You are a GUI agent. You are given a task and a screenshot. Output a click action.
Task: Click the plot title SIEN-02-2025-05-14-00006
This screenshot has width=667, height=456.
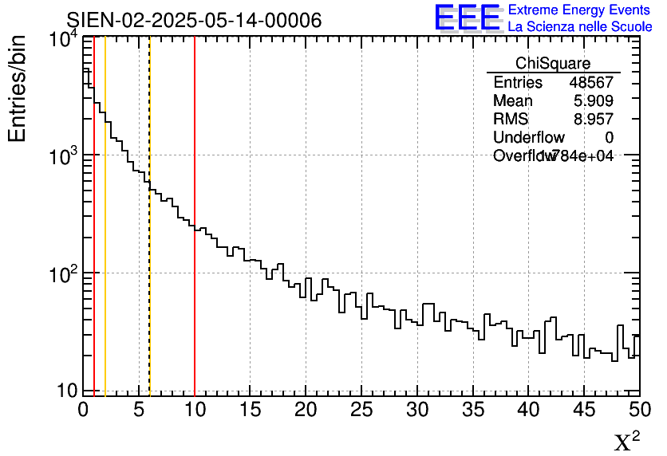point(194,20)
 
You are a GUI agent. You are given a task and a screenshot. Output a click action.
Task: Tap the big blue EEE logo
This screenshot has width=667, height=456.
point(467,18)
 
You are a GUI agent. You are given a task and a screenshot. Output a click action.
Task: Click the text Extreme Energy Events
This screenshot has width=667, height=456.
point(579,10)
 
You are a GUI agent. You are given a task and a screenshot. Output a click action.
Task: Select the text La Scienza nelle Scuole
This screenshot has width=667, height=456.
point(580,26)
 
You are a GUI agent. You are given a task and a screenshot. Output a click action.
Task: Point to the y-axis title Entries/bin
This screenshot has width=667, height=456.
point(18,88)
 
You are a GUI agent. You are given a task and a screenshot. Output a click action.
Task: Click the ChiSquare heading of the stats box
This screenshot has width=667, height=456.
point(553,64)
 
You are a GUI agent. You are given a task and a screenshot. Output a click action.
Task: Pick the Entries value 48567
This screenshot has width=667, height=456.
point(591,83)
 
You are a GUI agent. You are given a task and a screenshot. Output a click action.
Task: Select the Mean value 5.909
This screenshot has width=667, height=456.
point(594,101)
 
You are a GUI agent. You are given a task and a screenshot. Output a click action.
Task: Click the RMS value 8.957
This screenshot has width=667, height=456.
point(594,120)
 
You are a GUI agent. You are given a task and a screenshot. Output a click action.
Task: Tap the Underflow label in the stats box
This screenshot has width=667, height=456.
point(528,138)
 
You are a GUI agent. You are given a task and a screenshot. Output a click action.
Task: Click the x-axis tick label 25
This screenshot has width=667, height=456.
point(361,410)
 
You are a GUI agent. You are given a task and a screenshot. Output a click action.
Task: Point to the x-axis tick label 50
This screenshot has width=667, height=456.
point(639,410)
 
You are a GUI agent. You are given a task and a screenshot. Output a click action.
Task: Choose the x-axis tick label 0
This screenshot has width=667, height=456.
point(83,410)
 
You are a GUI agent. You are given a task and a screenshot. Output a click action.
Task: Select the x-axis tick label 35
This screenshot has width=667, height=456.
point(473,410)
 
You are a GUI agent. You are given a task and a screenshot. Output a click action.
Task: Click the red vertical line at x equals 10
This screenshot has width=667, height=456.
point(195,239)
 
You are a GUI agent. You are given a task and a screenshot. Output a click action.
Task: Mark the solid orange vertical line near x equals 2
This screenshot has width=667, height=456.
point(105,239)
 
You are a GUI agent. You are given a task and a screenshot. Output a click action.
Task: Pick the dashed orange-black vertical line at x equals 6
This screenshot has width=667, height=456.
point(150,279)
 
